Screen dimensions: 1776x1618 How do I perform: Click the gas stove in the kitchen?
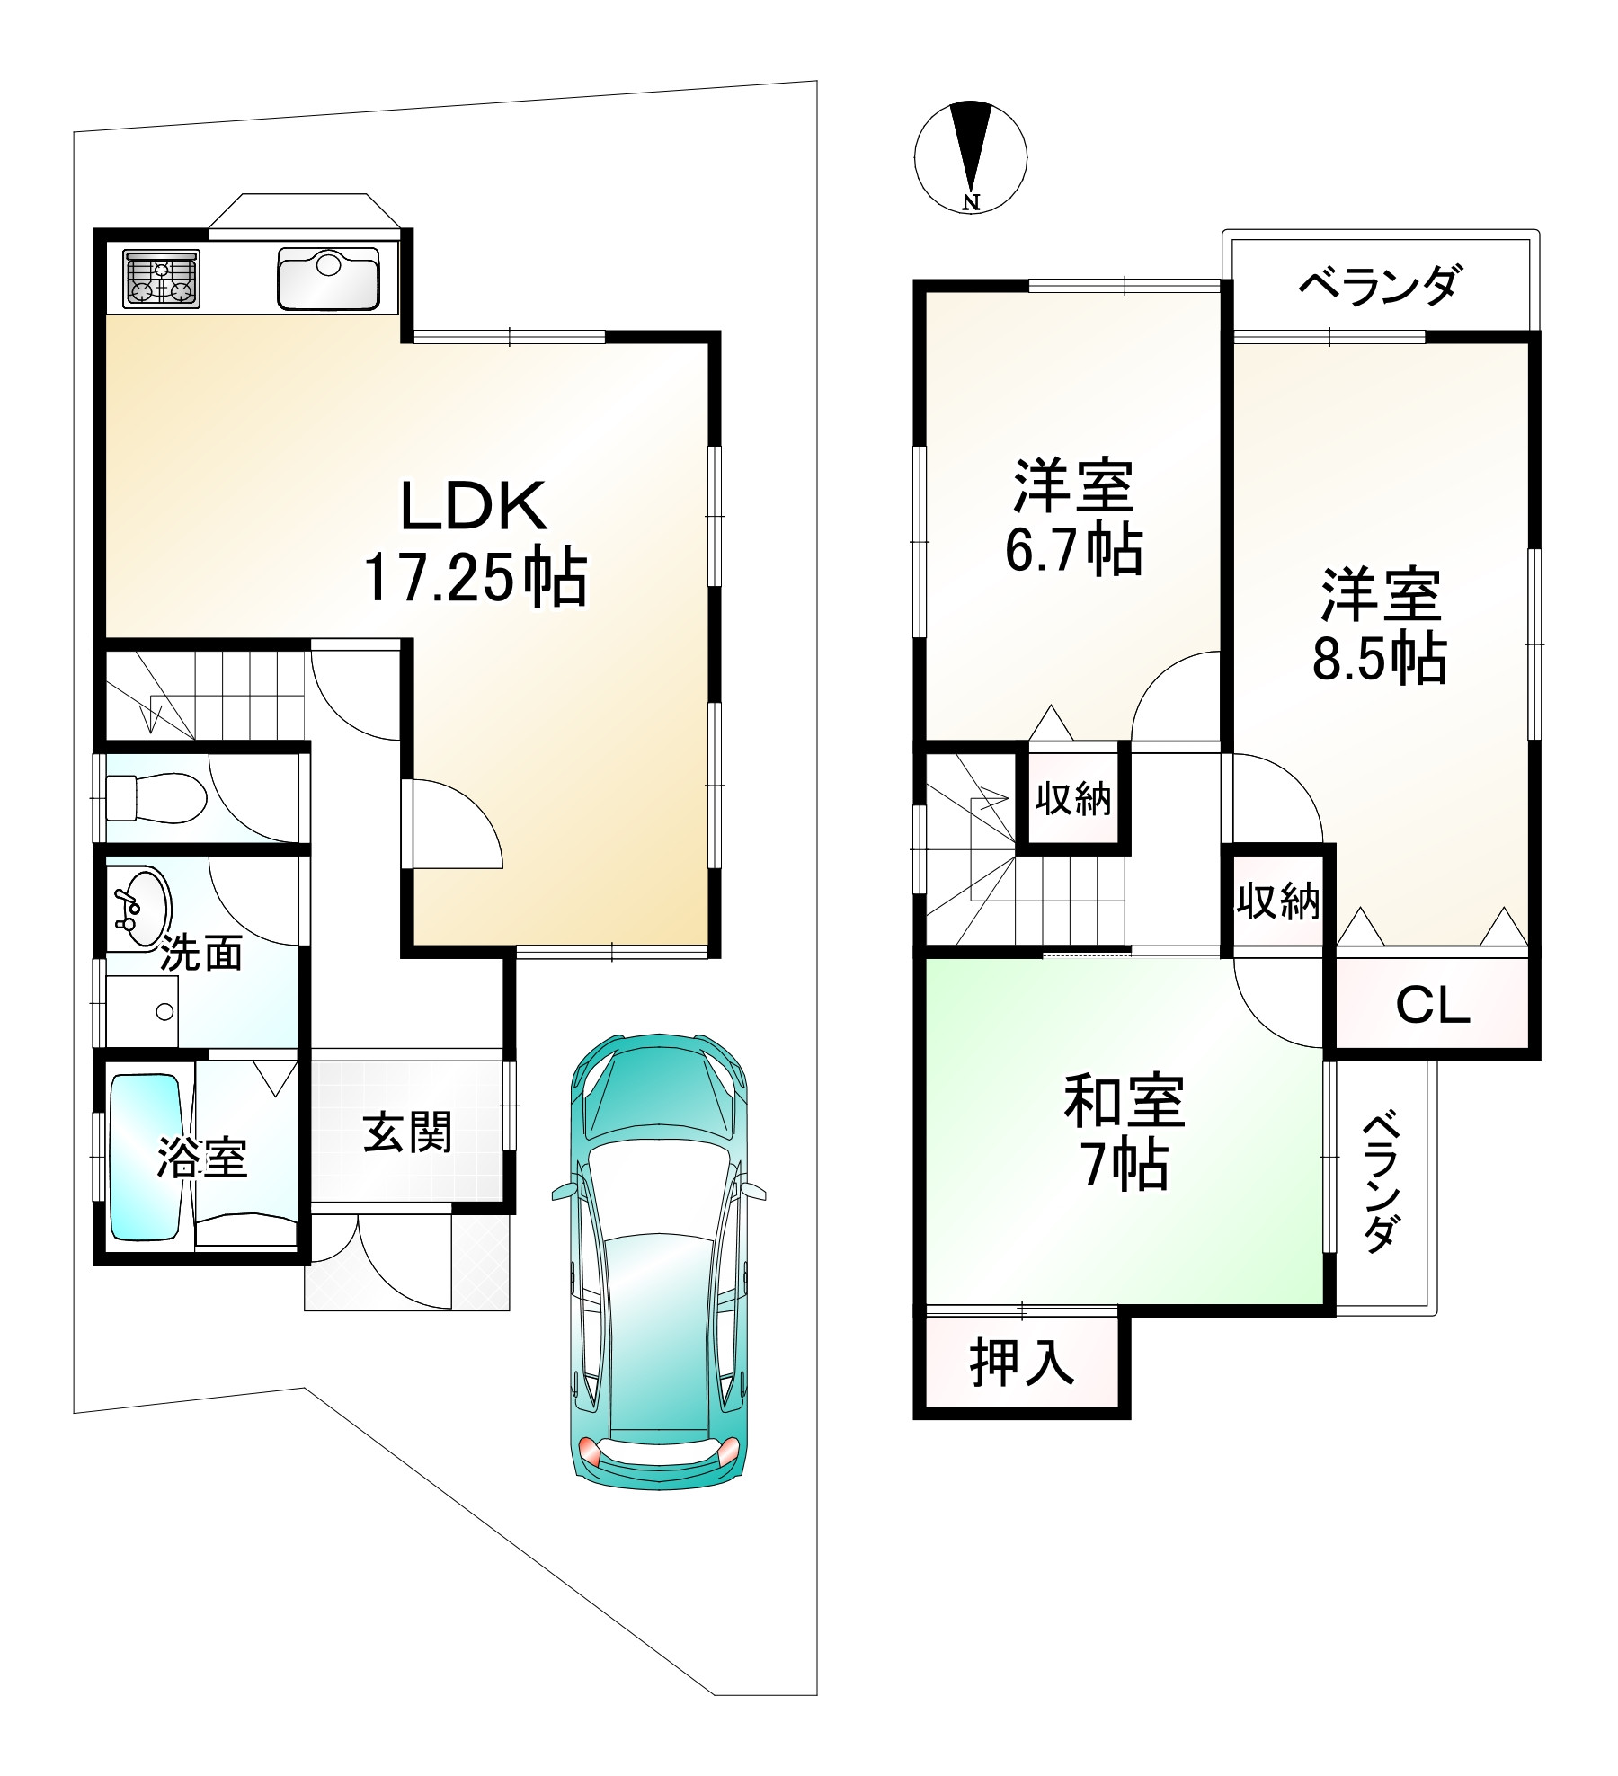[x=162, y=280]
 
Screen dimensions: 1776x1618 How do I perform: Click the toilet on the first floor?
[x=156, y=797]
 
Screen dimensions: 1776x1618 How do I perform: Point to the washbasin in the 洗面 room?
[x=141, y=908]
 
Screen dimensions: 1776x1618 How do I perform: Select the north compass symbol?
[x=971, y=158]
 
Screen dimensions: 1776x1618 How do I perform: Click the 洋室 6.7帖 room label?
[x=1073, y=518]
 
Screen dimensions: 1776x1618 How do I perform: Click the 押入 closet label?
[x=1022, y=1364]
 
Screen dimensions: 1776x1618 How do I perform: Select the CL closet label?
[x=1432, y=1006]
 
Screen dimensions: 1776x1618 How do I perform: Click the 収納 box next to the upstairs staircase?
[x=1073, y=798]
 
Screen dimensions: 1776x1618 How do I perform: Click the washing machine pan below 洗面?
[x=142, y=1012]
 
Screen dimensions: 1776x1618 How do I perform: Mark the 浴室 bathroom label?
[x=202, y=1159]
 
